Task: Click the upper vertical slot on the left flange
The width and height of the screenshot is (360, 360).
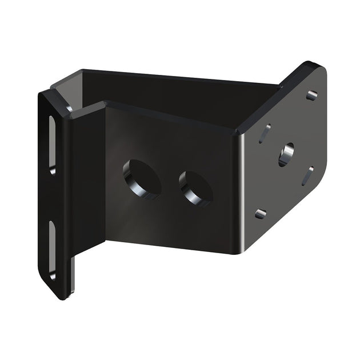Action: (52, 143)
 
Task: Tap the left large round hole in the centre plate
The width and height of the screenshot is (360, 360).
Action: (141, 179)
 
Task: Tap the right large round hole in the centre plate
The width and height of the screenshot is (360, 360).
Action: (195, 187)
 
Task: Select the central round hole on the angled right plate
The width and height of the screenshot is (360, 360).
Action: (286, 154)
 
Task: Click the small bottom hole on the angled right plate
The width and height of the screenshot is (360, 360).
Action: (260, 213)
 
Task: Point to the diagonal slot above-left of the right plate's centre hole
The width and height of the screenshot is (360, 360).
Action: (265, 134)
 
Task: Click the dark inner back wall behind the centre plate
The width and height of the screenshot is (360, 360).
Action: (171, 91)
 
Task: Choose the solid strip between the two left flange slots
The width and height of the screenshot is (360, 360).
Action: (53, 197)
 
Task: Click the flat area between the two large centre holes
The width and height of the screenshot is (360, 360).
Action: (169, 183)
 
